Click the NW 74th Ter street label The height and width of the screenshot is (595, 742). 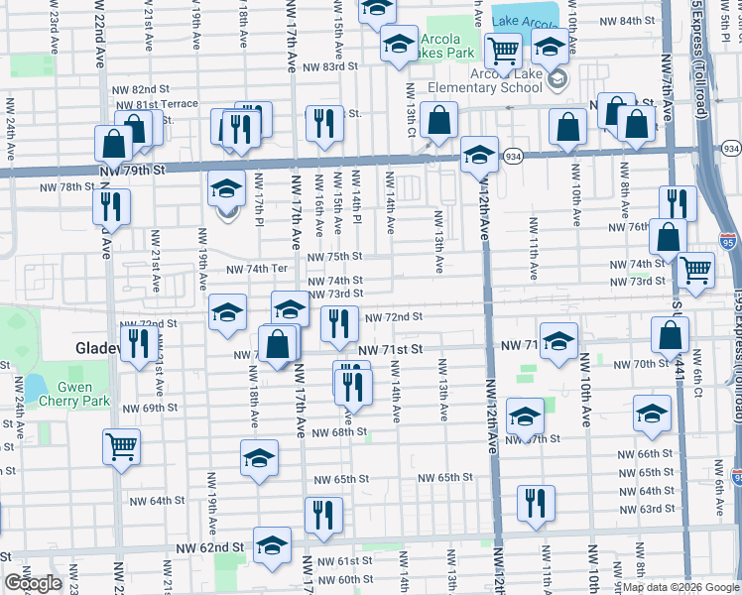click(256, 269)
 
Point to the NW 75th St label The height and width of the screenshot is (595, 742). click(333, 255)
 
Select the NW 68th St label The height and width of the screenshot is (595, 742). click(338, 432)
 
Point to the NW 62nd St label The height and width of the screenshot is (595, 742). click(210, 547)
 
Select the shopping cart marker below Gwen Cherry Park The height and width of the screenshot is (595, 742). click(121, 446)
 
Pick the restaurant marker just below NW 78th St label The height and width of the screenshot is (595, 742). click(111, 207)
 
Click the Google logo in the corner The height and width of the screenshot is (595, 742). click(32, 584)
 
